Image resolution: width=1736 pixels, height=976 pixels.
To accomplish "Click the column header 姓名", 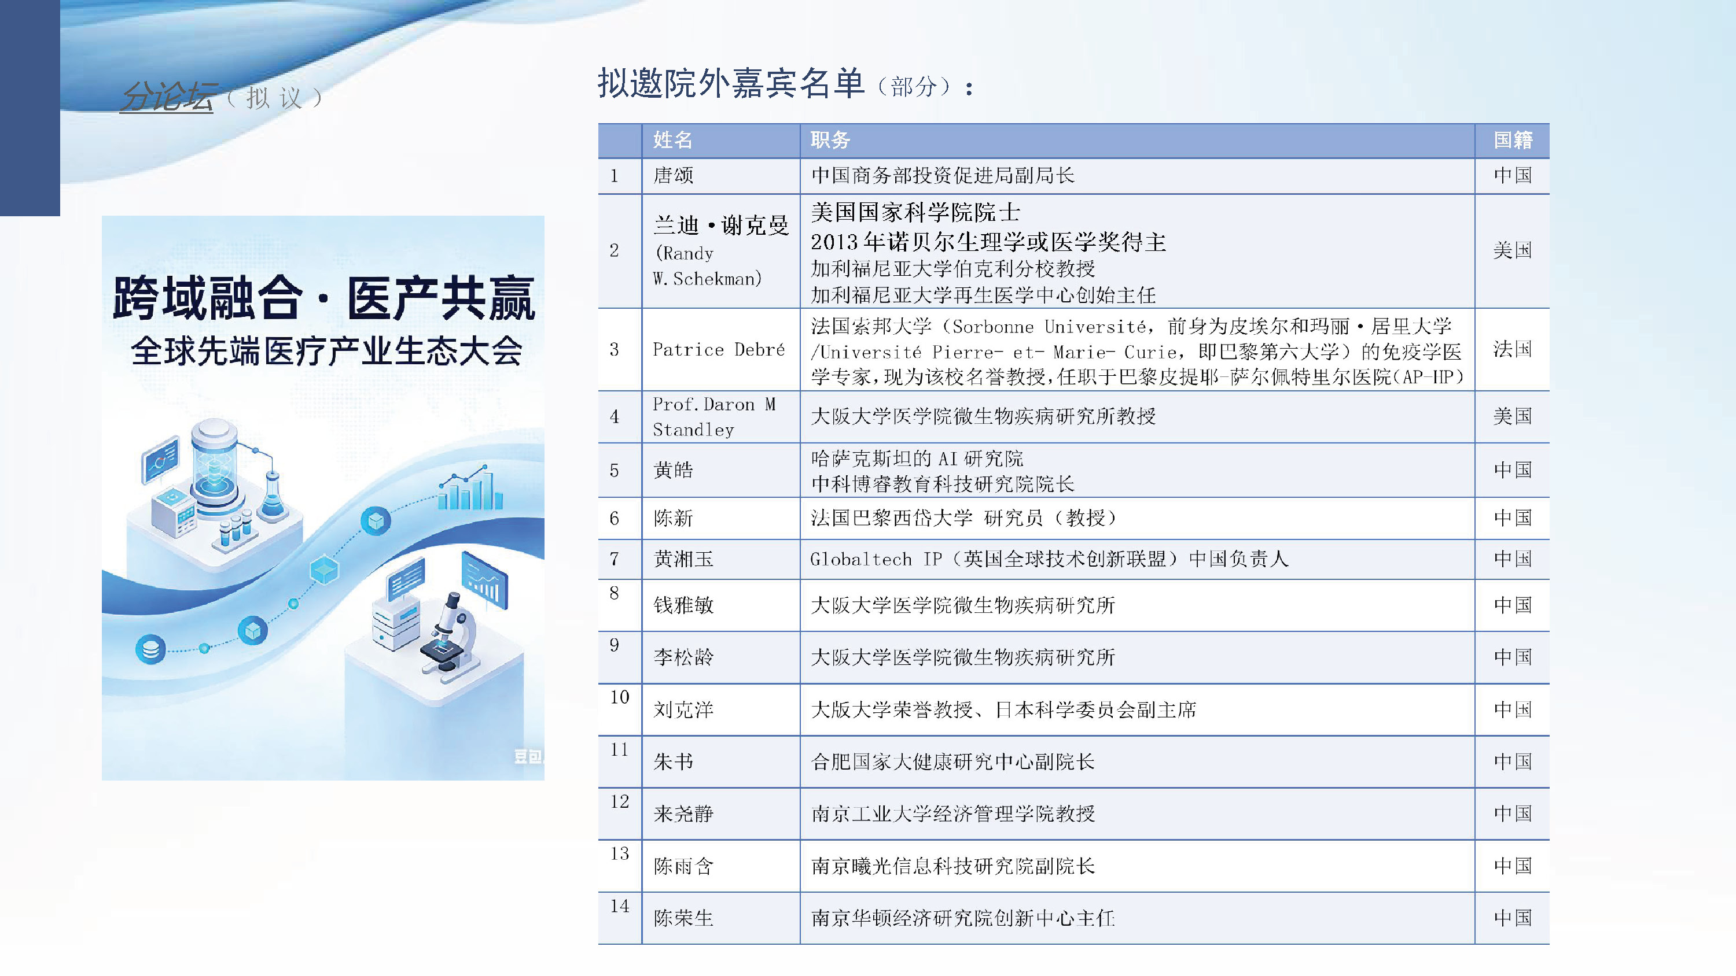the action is pos(672,140).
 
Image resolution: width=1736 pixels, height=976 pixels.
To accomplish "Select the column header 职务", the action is pos(830,140).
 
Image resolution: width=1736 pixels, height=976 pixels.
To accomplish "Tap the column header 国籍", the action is pos(1513,140).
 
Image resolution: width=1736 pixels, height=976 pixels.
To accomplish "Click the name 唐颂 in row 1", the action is pos(673,176).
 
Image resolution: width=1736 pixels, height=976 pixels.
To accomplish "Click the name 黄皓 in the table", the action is pos(673,470).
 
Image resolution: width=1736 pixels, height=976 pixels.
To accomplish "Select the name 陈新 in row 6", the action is pos(673,518).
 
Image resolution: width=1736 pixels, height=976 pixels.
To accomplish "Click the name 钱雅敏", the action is pos(683,605).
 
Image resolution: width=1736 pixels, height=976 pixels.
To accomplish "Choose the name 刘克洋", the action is pos(683,709).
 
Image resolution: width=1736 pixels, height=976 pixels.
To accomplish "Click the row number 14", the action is pos(619,906).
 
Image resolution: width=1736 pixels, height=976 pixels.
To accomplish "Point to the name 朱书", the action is pos(673,762).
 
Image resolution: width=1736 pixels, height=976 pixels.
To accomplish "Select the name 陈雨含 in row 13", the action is pos(683,866).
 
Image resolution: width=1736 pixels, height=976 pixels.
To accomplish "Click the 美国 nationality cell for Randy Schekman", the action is pos(1512,250).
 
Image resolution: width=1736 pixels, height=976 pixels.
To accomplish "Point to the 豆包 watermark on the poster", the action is pos(528,756).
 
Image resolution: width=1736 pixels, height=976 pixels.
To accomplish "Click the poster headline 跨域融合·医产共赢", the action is pos(323,298).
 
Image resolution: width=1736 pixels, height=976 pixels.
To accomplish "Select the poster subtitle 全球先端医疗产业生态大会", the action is pos(327,351).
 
